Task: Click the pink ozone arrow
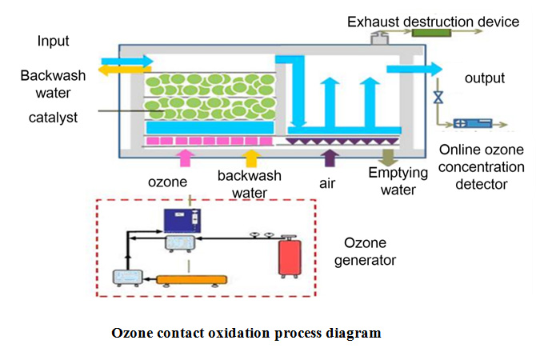185,158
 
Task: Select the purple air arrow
330,158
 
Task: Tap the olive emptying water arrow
388,158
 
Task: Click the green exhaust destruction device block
431,33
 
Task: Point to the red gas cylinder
290,257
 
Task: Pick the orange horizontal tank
192,280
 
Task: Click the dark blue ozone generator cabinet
182,221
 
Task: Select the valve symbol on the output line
438,98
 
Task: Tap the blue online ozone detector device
473,123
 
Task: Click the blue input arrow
127,61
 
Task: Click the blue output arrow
414,69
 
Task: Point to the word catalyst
53,118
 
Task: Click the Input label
53,42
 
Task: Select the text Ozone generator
365,252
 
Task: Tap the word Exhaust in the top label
374,22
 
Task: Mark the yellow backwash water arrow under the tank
251,158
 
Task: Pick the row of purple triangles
342,141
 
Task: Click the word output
485,78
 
